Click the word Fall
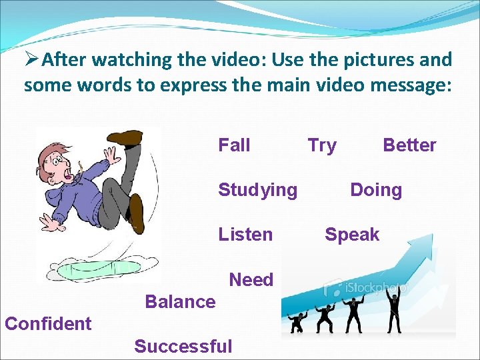click(x=234, y=145)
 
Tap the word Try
click(x=322, y=145)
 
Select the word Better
click(x=409, y=145)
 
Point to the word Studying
click(x=258, y=190)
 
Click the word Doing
click(x=376, y=190)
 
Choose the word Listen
click(x=245, y=235)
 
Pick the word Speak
click(x=352, y=235)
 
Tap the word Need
click(x=251, y=280)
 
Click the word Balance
click(x=180, y=302)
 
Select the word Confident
click(x=48, y=324)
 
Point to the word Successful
click(x=183, y=347)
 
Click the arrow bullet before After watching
click(x=31, y=60)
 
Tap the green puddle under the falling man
click(x=93, y=270)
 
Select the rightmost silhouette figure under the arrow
click(x=394, y=313)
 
